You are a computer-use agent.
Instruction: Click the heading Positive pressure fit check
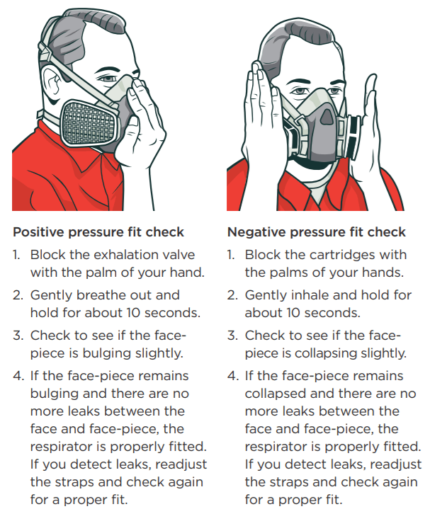[x=98, y=232]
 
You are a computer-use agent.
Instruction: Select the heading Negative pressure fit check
[x=316, y=232]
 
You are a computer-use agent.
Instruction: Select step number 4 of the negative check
[x=232, y=376]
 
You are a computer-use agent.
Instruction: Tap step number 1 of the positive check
[x=16, y=254]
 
